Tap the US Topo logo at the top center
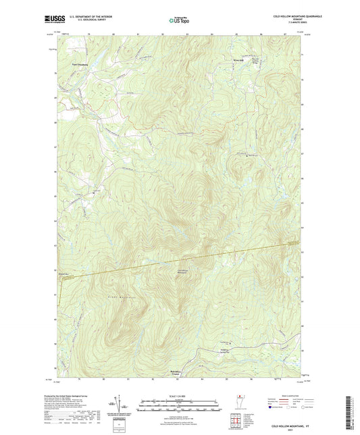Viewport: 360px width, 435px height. coord(179,20)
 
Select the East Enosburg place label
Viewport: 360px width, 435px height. coord(80,64)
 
